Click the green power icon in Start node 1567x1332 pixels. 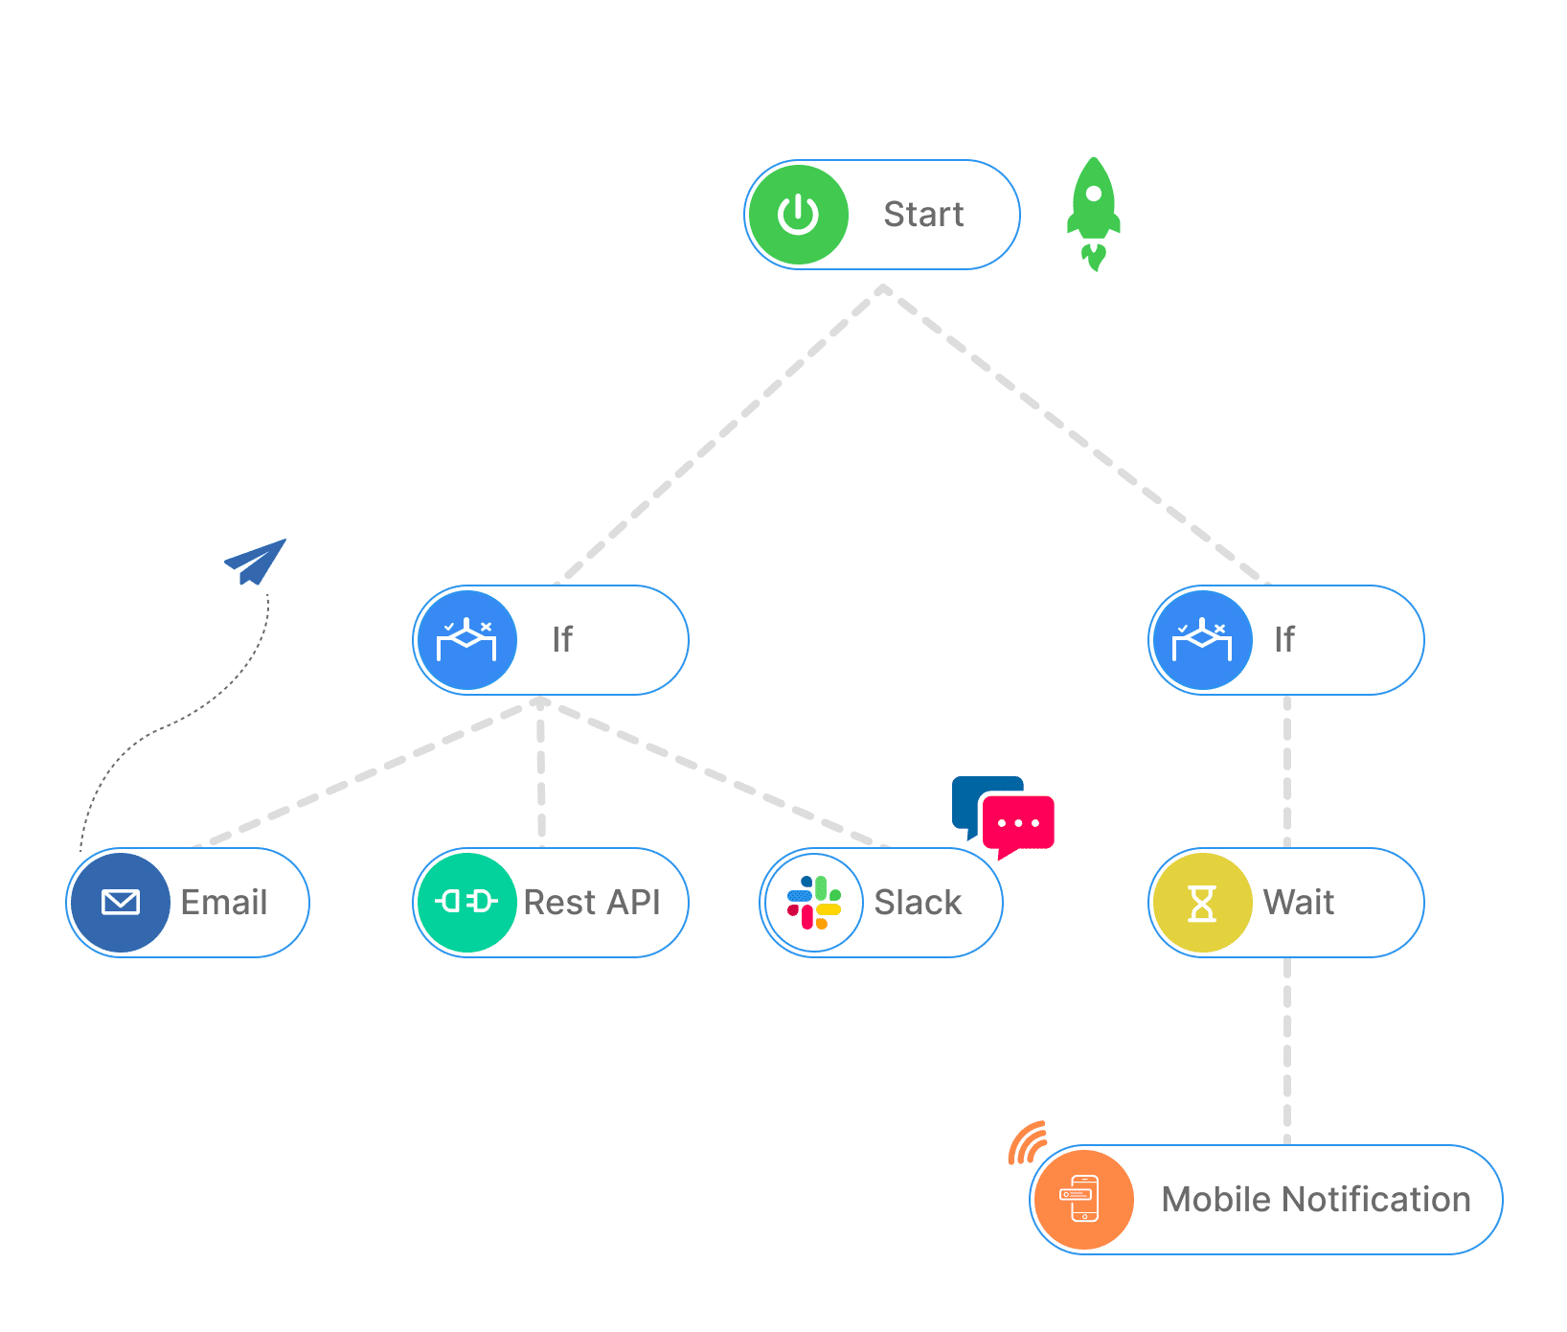point(798,215)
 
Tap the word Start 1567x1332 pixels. point(923,215)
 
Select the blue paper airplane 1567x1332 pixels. point(256,561)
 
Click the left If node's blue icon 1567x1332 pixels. point(466,640)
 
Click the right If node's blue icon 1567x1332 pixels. point(1202,640)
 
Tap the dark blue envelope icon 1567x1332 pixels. point(121,903)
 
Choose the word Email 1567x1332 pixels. point(224,903)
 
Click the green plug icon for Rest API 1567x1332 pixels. point(466,903)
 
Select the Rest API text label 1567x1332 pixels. point(592,903)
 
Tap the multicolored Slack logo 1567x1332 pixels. point(814,903)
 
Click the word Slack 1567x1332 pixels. point(918,903)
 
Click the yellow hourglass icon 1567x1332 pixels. point(1202,903)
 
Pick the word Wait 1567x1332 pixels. point(1299,903)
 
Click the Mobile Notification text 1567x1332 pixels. point(1316,1200)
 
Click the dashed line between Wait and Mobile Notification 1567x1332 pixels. point(1286,1050)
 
